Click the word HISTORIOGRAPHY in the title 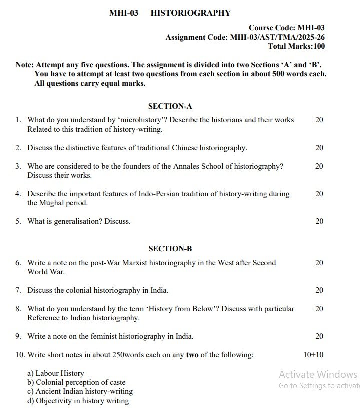[191, 13]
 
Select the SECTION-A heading [170, 106]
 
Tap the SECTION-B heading [170, 249]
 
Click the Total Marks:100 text [296, 46]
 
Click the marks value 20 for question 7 [319, 290]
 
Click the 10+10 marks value [313, 355]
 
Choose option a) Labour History [56, 373]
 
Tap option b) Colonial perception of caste [76, 382]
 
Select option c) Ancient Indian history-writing [80, 391]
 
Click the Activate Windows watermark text [318, 375]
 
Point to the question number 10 [19, 355]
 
